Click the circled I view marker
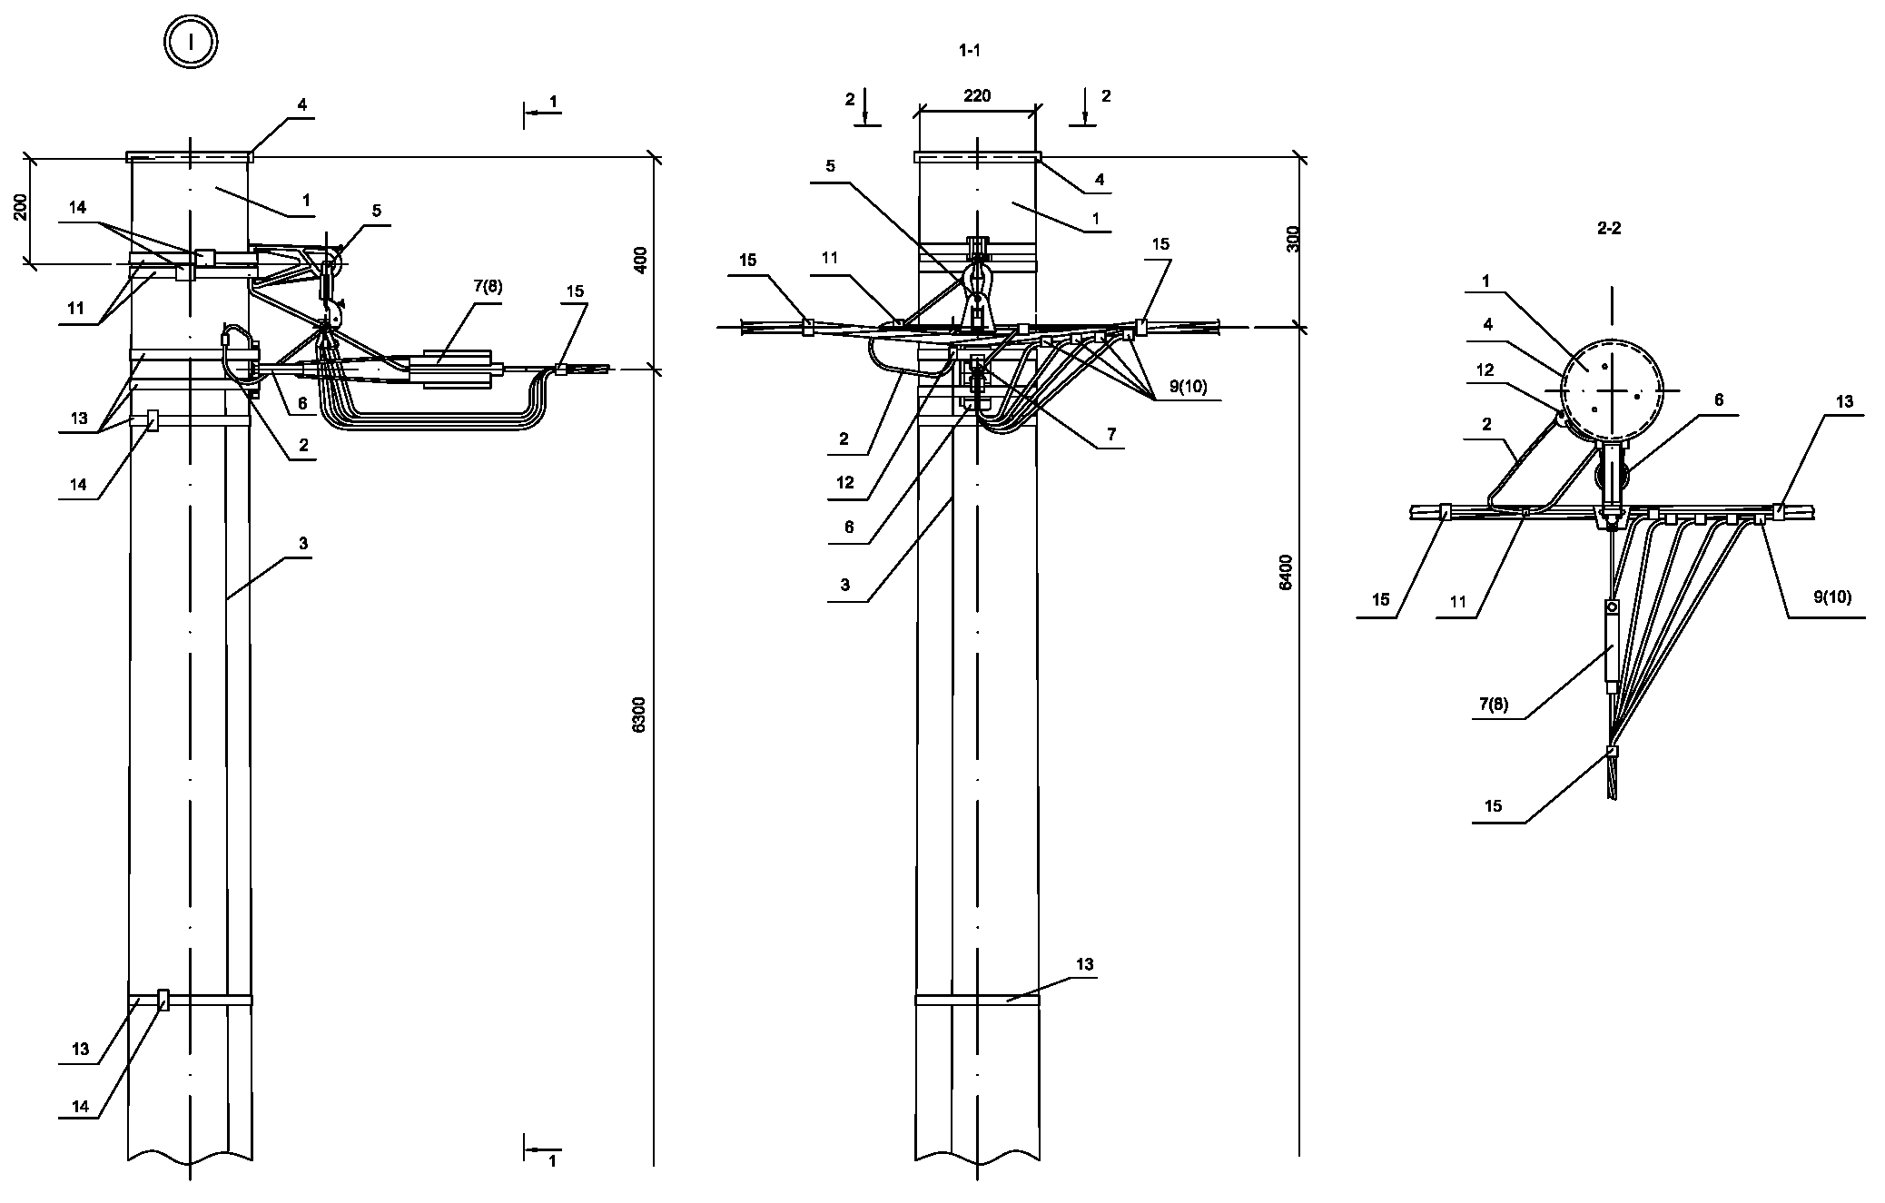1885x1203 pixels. click(191, 43)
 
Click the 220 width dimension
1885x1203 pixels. click(977, 96)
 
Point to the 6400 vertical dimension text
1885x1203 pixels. click(1285, 572)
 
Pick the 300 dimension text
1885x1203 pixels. click(1294, 238)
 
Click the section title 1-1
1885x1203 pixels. click(969, 52)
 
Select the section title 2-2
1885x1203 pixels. click(1608, 229)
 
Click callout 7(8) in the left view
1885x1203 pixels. click(487, 288)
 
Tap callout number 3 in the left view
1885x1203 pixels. click(303, 544)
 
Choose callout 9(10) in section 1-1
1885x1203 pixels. click(1188, 386)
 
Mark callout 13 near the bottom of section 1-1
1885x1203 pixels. click(1085, 964)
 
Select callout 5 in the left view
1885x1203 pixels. click(375, 211)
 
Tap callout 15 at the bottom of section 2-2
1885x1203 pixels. click(1493, 806)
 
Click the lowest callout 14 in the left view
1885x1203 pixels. click(79, 1106)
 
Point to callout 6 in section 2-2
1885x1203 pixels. click(1718, 400)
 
